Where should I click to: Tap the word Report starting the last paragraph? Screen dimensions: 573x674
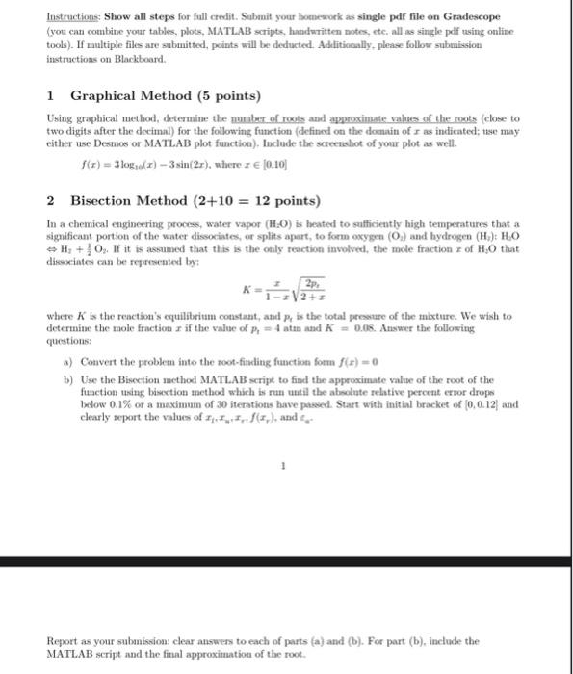tap(62, 639)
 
